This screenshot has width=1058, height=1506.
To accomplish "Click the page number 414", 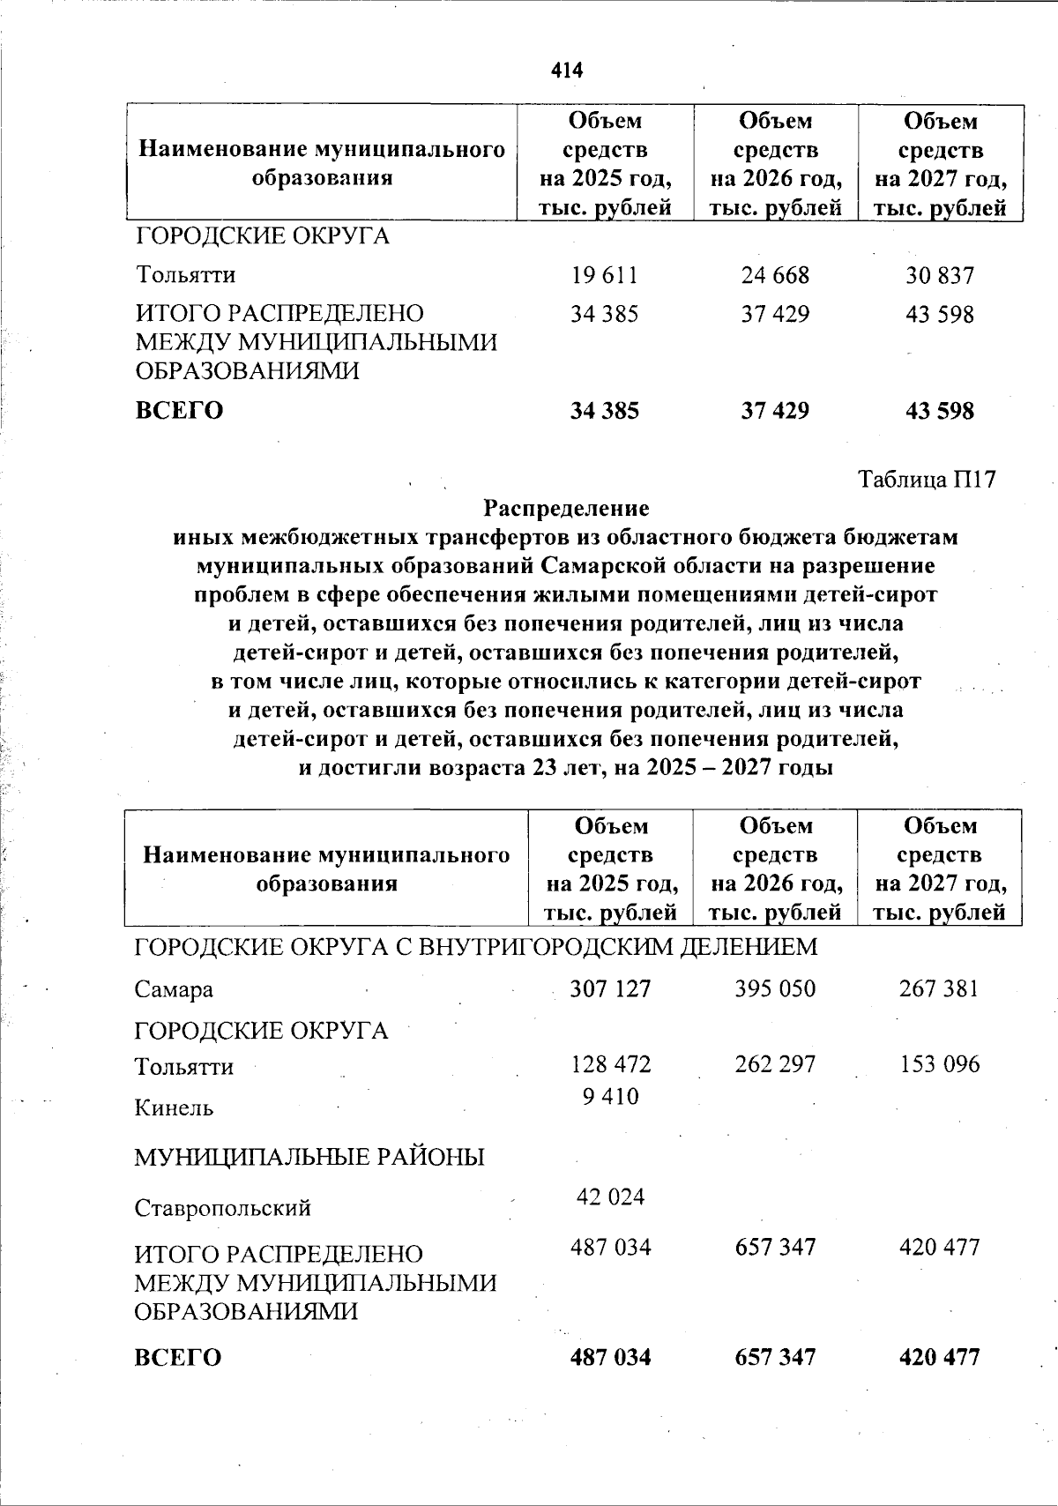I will [567, 70].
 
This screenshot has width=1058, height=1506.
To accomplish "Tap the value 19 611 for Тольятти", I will [604, 276].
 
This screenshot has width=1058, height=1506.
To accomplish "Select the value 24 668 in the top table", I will [775, 276].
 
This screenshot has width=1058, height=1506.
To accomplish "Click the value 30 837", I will [940, 276].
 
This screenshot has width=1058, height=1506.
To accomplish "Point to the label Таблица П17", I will [928, 480].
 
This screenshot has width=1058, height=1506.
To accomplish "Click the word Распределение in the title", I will [566, 509].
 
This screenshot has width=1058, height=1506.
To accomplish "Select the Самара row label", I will [174, 989].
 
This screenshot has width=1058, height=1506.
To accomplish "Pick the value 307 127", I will [610, 988].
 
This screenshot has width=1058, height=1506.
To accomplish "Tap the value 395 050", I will [775, 988].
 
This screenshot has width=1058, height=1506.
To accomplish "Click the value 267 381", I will [939, 988].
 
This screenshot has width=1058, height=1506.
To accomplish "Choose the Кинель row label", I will [174, 1107].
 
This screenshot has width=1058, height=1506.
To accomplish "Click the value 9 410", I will [610, 1097].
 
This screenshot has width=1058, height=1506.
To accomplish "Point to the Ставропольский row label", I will [222, 1207].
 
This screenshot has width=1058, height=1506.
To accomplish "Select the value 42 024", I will [610, 1197].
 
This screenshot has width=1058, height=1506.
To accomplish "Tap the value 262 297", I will [775, 1064].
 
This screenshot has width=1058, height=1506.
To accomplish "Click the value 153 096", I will [939, 1064].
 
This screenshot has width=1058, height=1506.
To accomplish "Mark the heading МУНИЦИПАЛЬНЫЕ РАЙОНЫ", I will [309, 1157].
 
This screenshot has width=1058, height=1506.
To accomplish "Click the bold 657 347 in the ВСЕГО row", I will [775, 1357].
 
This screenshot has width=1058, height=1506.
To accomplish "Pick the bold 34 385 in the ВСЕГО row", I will [604, 411].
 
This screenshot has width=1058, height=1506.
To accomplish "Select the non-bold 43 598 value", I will [940, 314].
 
